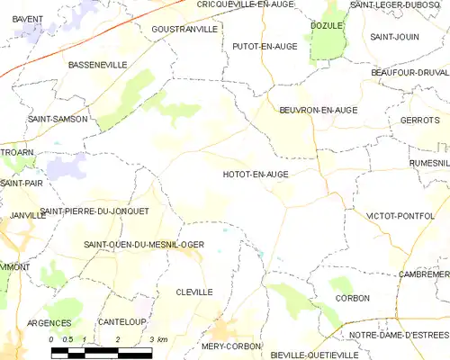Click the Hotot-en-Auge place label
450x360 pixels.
(254, 175)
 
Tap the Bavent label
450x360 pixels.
(28, 18)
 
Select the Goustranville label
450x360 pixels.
(184, 29)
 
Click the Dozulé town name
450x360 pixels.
(327, 26)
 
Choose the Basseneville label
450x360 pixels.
(97, 66)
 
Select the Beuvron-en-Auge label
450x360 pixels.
(318, 110)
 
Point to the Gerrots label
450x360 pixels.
(418, 120)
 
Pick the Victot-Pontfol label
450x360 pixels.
(400, 216)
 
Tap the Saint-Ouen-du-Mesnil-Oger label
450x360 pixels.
(144, 244)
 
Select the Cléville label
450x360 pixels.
(194, 292)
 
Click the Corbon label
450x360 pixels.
(352, 298)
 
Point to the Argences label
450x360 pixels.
(49, 322)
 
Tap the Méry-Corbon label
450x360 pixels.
(231, 346)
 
